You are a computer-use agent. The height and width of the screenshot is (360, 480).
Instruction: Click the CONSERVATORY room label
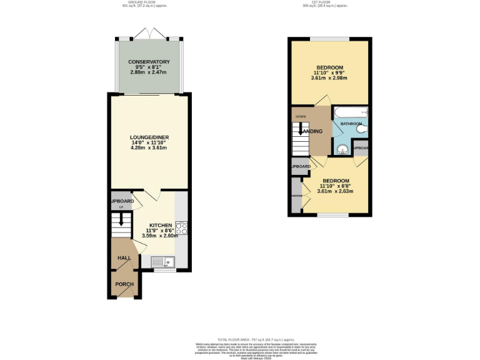coord(149,62)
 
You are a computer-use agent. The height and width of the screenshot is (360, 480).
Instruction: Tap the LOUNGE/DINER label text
coord(150,137)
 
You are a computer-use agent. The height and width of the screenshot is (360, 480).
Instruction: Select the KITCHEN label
coord(160,225)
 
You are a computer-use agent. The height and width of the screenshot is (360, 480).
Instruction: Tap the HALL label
coord(123,257)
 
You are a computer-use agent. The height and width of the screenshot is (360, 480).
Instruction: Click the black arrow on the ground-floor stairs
coord(122,220)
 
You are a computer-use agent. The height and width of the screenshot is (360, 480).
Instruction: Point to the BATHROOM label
coord(351,124)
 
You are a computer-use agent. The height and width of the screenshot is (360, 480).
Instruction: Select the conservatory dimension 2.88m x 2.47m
coord(149,72)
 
